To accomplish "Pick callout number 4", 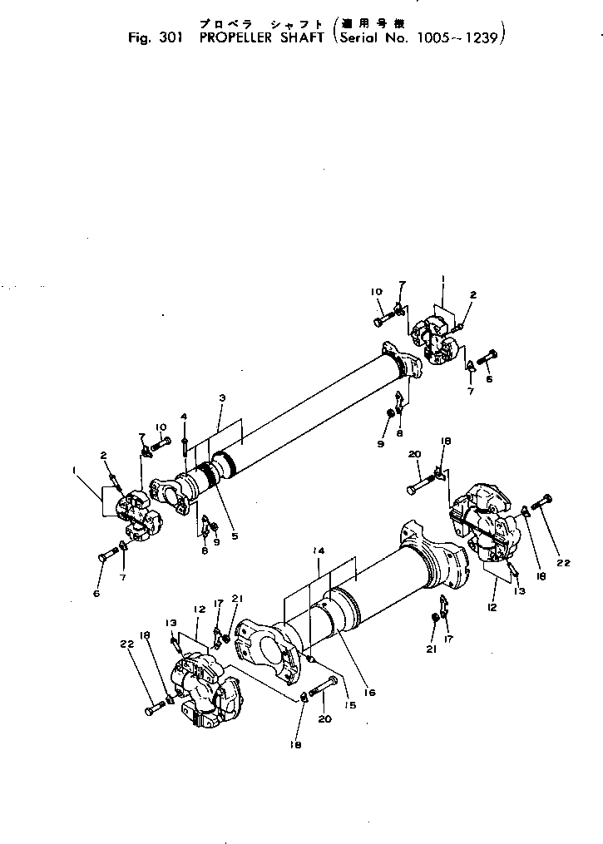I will [x=184, y=416].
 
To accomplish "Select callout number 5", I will [x=235, y=536].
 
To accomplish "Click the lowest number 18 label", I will [x=294, y=746].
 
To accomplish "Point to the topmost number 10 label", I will [x=376, y=292].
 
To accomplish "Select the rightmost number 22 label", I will [x=564, y=563].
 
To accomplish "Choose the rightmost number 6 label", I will [x=489, y=379].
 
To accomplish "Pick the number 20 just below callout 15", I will [x=324, y=720].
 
